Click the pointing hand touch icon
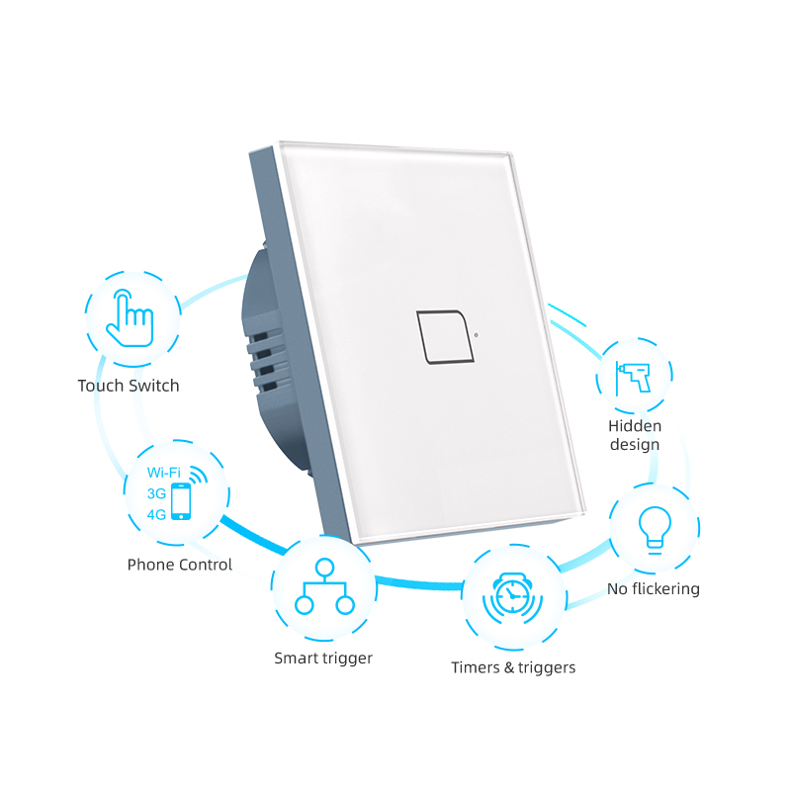point(130,317)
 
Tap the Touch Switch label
point(129,386)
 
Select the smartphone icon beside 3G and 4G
point(181,501)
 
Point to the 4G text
point(155,513)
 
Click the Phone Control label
point(180,565)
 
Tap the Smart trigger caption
point(323,658)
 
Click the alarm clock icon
point(513,596)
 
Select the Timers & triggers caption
point(513,667)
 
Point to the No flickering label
point(653,588)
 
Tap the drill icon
point(633,377)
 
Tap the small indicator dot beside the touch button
point(476,333)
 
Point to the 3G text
point(155,493)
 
